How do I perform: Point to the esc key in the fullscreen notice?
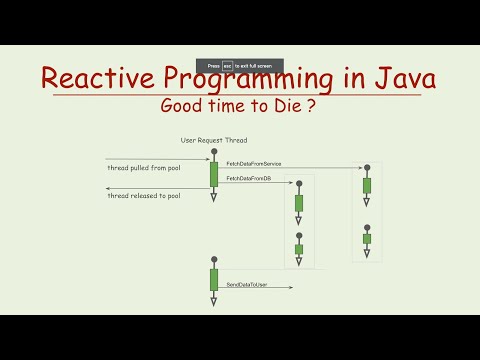[228, 65]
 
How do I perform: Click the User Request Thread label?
[213, 140]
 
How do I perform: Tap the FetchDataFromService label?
[253, 163]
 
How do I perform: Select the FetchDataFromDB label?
[248, 178]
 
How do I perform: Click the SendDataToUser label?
[246, 285]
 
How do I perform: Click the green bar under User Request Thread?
[213, 174]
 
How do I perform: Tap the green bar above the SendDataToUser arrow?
[213, 279]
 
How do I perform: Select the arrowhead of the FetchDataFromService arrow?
[362, 167]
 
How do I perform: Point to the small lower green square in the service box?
[367, 239]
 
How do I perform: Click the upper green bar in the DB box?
[299, 203]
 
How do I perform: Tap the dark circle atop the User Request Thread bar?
[213, 153]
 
